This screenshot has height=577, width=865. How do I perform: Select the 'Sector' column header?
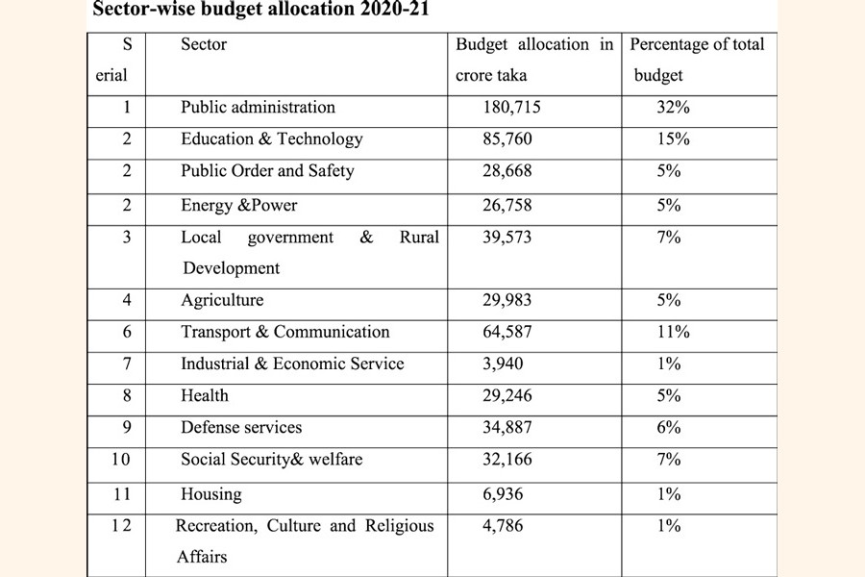coord(204,44)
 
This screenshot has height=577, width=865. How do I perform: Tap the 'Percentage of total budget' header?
coord(697,60)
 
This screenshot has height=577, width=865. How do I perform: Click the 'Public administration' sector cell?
coord(258,108)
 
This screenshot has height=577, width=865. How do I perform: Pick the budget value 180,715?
coord(511,108)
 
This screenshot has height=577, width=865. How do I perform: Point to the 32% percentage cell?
coord(673,108)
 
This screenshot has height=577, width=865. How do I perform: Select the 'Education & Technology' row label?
coord(272,139)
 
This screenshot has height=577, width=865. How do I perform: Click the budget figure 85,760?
coord(508,139)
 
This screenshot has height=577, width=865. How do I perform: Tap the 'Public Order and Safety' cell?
coord(267,171)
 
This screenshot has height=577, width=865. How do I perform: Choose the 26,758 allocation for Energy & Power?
coord(508,206)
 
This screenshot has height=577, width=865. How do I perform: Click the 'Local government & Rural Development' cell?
coord(309,252)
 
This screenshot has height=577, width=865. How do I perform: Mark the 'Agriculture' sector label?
coord(222,301)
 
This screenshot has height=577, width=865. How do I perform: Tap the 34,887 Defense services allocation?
coord(508,428)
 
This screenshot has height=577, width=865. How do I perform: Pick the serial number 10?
coord(120,460)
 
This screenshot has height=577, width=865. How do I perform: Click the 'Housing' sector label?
coord(211,495)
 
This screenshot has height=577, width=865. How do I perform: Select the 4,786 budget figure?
coord(504,527)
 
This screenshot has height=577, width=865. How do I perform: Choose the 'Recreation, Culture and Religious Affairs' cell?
coord(305,540)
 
